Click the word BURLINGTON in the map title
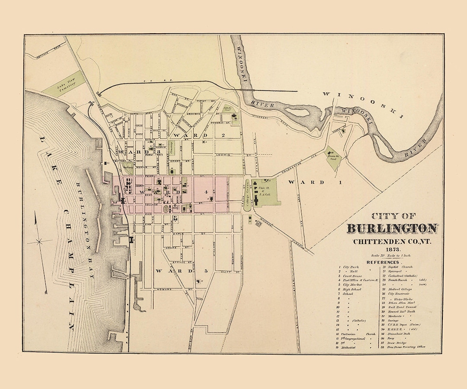pos(392,229)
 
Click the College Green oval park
pos(248,195)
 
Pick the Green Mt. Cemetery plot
pos(333,156)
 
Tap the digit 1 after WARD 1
pos(340,182)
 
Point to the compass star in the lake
pos(39,241)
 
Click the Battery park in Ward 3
pos(128,164)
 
